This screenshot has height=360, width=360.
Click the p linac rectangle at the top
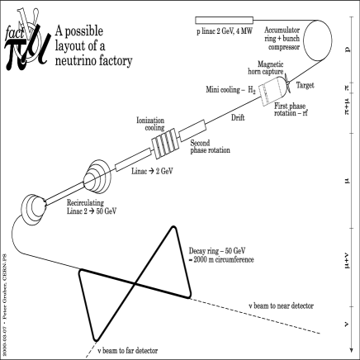(x=225, y=21)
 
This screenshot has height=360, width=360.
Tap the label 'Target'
(x=305, y=85)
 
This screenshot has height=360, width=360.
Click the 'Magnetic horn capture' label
(x=266, y=68)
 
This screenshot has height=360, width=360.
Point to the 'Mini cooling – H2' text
(x=231, y=90)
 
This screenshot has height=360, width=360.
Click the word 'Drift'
(x=238, y=118)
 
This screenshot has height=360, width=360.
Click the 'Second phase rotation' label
(x=211, y=147)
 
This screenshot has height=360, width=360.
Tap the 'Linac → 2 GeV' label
(x=152, y=171)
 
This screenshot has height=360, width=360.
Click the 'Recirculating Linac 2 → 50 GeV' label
(x=92, y=207)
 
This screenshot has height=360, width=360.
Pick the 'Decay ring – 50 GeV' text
(x=217, y=251)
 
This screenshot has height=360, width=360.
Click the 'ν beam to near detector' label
(x=281, y=306)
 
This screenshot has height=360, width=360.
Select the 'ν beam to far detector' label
(x=128, y=351)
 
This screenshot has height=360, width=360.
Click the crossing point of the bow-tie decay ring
(x=135, y=284)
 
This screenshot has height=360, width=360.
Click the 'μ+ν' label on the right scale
(x=347, y=261)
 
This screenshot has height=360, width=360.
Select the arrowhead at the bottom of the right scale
(x=351, y=350)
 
